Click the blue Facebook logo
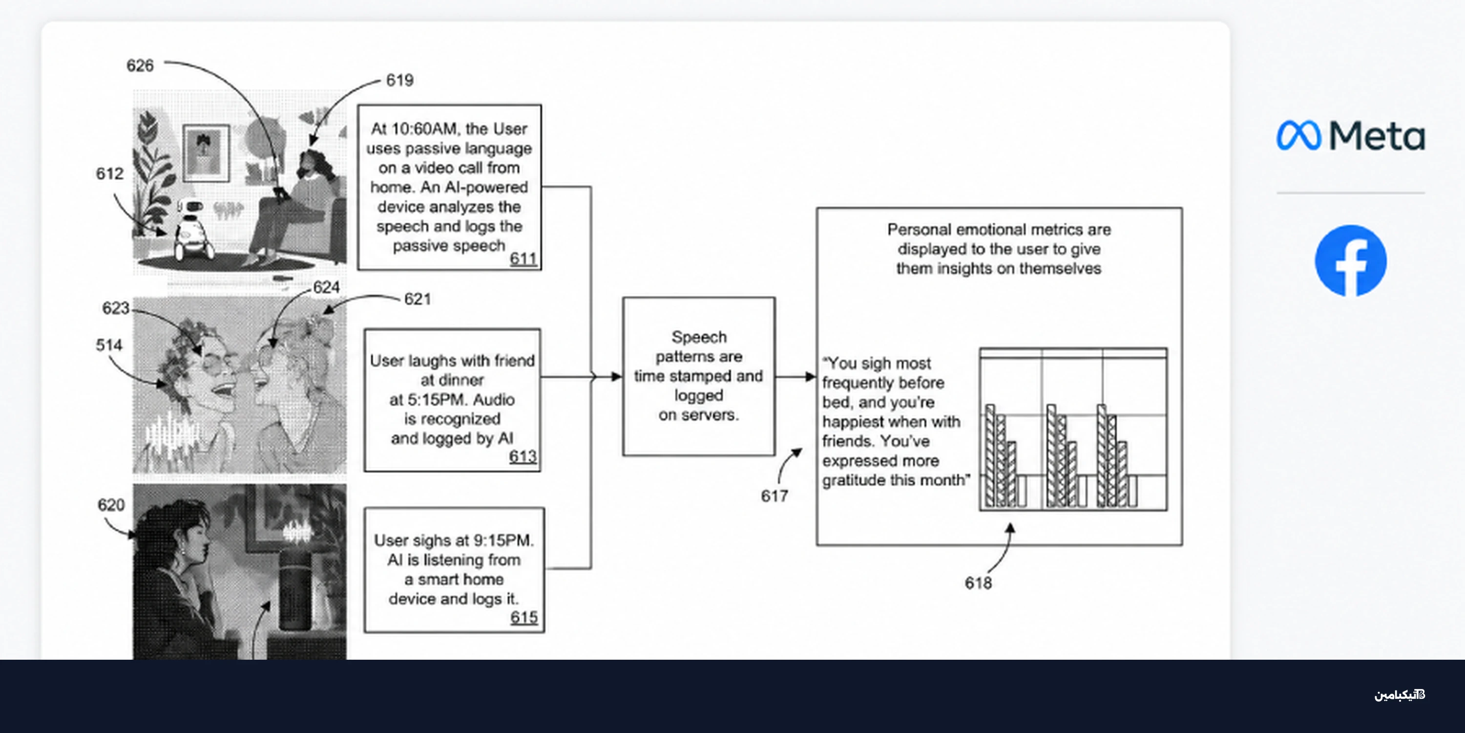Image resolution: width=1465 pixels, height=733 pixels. click(x=1351, y=260)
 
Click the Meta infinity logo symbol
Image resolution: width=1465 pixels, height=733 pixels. click(x=1298, y=135)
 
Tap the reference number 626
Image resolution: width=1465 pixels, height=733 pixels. click(x=140, y=65)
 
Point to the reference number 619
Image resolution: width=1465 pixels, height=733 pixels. click(x=400, y=80)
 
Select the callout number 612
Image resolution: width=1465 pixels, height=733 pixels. click(x=110, y=173)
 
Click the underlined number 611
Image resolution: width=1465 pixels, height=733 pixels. click(x=523, y=259)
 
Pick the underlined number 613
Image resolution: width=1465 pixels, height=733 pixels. click(x=523, y=456)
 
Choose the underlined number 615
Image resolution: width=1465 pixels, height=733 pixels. click(x=524, y=618)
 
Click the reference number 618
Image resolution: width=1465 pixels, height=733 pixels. click(x=978, y=583)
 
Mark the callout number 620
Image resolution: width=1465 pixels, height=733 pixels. click(x=111, y=505)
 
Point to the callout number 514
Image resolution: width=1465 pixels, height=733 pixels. click(x=109, y=345)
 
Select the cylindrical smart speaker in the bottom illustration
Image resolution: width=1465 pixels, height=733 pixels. click(x=296, y=586)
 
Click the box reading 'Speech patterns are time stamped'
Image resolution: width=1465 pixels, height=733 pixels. click(x=698, y=376)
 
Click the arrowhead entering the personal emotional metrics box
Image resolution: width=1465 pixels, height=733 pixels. click(x=811, y=376)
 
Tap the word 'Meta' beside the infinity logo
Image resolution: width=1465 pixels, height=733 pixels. click(x=1377, y=136)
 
